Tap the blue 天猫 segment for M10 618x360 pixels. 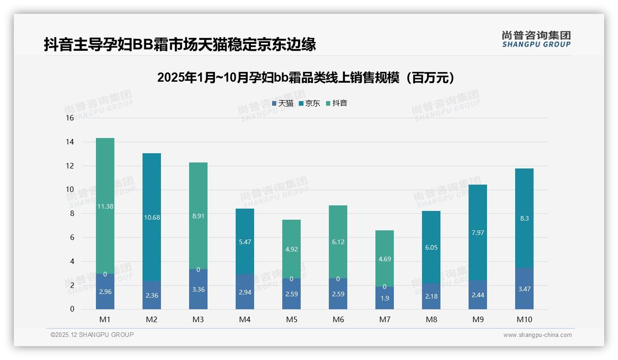[524, 288]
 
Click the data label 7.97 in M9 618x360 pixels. [478, 233]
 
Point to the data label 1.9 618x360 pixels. [385, 298]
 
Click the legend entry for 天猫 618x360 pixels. [282, 103]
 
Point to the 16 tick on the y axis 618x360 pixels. [70, 118]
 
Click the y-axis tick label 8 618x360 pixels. [71, 213]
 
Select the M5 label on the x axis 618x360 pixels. [291, 319]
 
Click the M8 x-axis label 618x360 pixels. [431, 319]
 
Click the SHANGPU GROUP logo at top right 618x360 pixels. [536, 39]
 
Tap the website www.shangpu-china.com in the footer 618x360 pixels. [537, 335]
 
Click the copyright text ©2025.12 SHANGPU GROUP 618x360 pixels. [92, 335]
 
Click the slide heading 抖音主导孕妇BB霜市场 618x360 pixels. [180, 44]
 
